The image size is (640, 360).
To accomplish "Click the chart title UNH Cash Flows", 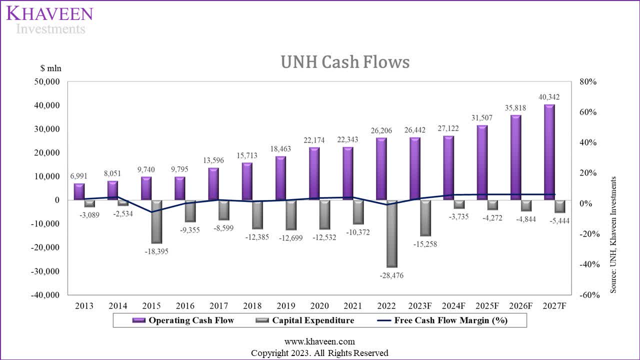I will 345,62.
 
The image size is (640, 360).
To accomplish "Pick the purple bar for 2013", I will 79,191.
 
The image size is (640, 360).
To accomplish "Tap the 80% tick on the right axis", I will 588,81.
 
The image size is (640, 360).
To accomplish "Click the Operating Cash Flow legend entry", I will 183,320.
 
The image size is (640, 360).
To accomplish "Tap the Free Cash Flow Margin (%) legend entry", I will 442,320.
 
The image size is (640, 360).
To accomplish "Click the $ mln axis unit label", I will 51,68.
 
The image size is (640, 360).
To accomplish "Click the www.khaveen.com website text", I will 319,341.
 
